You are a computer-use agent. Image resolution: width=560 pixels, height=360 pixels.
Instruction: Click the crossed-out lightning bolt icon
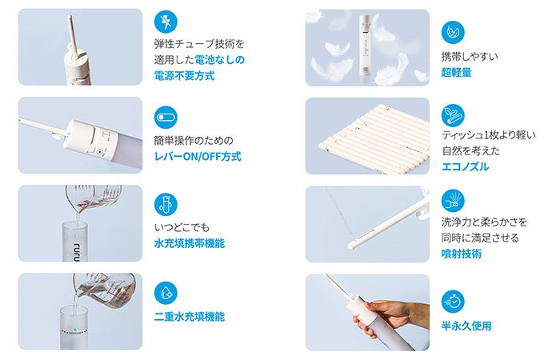(166, 22)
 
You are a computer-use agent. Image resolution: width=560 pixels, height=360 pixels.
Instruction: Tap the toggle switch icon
(166, 117)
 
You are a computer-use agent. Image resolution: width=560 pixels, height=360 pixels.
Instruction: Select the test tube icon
(166, 205)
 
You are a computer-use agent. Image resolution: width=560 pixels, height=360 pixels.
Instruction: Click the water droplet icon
(166, 293)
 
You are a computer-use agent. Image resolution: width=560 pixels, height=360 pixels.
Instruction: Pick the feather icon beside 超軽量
(453, 33)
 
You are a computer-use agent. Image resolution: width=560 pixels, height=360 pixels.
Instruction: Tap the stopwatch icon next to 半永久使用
(453, 302)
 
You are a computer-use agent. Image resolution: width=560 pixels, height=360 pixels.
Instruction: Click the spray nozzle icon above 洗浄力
(453, 201)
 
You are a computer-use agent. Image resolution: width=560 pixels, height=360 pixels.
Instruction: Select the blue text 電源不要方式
(184, 76)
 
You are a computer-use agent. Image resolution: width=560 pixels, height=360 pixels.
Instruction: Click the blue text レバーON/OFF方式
(198, 157)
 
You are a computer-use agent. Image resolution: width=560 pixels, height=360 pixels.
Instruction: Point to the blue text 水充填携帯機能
(190, 243)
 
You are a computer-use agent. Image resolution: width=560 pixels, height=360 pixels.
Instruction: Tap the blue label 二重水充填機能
(190, 317)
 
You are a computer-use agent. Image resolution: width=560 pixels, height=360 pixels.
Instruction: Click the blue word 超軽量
(457, 73)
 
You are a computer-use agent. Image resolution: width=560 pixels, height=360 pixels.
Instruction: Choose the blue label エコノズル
(465, 166)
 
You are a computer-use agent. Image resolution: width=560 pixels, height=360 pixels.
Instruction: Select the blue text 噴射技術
(462, 254)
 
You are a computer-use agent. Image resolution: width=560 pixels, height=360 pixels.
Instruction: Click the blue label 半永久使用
(466, 326)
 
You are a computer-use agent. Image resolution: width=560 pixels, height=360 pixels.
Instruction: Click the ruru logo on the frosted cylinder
(76, 246)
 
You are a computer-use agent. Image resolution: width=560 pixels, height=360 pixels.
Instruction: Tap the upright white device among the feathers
(366, 45)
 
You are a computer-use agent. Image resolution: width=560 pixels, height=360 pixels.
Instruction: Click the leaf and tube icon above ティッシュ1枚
(453, 116)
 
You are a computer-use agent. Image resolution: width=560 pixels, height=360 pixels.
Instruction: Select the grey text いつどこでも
(182, 227)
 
